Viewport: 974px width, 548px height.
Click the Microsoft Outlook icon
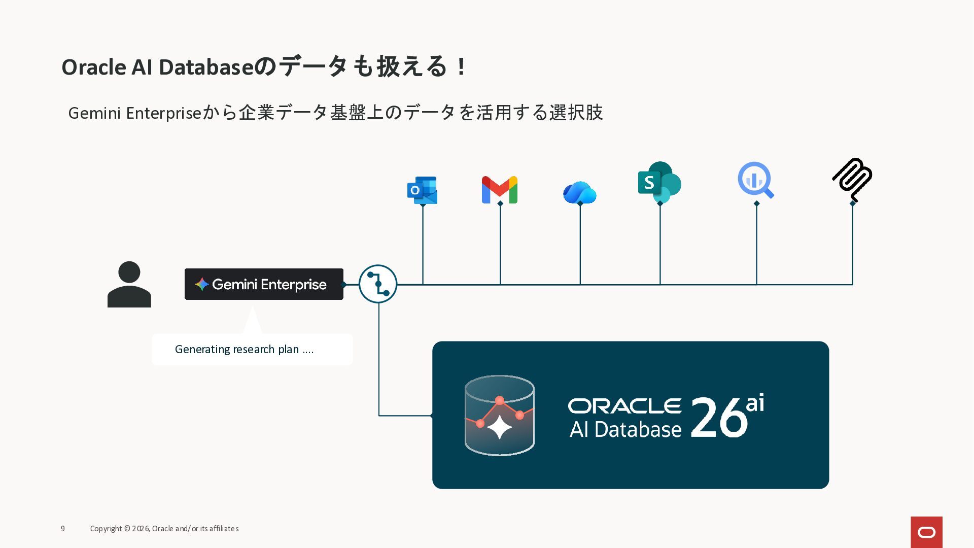pos(422,190)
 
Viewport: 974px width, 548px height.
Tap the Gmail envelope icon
pos(500,190)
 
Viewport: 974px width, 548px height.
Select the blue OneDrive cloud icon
pos(580,192)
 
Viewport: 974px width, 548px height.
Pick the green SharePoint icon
pos(659,182)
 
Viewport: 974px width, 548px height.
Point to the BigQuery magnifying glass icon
pos(755,180)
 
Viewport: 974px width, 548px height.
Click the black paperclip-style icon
pos(852,180)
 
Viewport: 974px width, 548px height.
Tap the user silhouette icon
pos(129,284)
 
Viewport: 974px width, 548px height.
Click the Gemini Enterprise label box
pos(264,284)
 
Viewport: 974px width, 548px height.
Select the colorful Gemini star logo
pos(202,284)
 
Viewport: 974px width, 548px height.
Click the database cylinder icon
pos(500,416)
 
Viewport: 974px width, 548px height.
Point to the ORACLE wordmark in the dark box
pos(625,406)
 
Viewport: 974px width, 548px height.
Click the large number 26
pos(719,417)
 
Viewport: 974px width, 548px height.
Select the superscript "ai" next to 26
pos(755,403)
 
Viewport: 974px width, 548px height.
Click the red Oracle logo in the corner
pos(926,532)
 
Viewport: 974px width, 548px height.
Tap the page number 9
pos(63,529)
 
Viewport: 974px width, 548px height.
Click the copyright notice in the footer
pos(164,529)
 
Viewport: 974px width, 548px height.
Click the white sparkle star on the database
pos(500,427)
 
